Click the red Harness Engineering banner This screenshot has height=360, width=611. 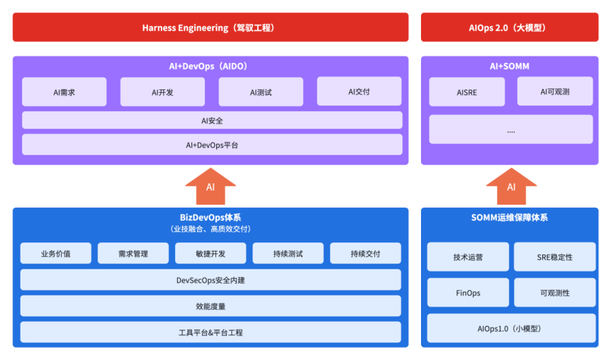pos(211,27)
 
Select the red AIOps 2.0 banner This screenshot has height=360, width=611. pos(510,27)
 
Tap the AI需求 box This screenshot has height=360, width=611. pos(65,92)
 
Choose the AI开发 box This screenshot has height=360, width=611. pos(162,92)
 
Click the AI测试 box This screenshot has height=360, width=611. pos(261,92)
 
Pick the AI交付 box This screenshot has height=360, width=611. pos(359,91)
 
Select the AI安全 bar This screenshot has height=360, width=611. pos(212,120)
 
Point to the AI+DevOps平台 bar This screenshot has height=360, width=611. pos(212,145)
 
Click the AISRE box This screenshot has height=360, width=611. pos(467,92)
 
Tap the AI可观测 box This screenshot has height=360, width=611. pos(555,91)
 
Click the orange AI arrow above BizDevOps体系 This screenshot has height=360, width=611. pos(211,186)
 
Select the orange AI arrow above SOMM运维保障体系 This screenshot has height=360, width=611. pos(511,186)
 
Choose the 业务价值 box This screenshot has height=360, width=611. pos(56,253)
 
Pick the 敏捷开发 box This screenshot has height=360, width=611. pos(211,253)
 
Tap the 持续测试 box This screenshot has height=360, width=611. pos(288,253)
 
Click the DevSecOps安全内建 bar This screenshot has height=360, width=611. pos(211,280)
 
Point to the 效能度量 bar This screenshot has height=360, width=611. pos(211,306)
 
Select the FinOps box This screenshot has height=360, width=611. pos(468,293)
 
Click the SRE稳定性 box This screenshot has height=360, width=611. pos(555,257)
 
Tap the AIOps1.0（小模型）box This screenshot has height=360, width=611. pos(511,328)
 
